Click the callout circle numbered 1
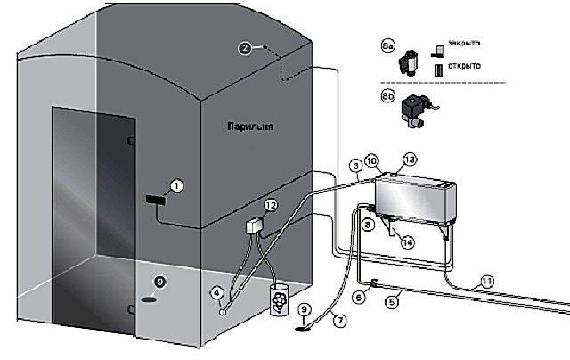[x=176, y=185]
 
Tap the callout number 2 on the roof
[x=245, y=49]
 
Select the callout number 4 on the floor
[x=217, y=291]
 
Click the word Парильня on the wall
[x=249, y=127]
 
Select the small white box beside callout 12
[x=255, y=224]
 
